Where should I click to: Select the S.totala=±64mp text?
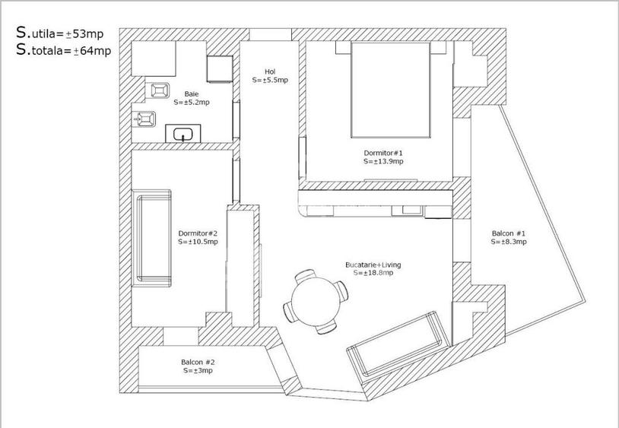[x=64, y=51]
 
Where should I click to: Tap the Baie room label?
[x=192, y=94]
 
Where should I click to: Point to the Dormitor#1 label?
[x=383, y=153]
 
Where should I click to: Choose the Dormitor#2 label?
[x=198, y=233]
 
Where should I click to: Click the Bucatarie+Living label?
[x=373, y=265]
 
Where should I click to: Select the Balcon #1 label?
[x=509, y=233]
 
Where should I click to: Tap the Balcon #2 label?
[x=198, y=363]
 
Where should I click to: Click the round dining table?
[x=312, y=299]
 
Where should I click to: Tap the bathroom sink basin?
[x=183, y=135]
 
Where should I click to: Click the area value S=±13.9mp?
[x=383, y=161]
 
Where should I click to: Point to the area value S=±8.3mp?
[x=509, y=242]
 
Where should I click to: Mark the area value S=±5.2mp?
[x=192, y=102]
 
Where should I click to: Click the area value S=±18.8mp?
[x=373, y=273]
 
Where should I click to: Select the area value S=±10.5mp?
[x=198, y=242]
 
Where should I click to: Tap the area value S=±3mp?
[x=198, y=371]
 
